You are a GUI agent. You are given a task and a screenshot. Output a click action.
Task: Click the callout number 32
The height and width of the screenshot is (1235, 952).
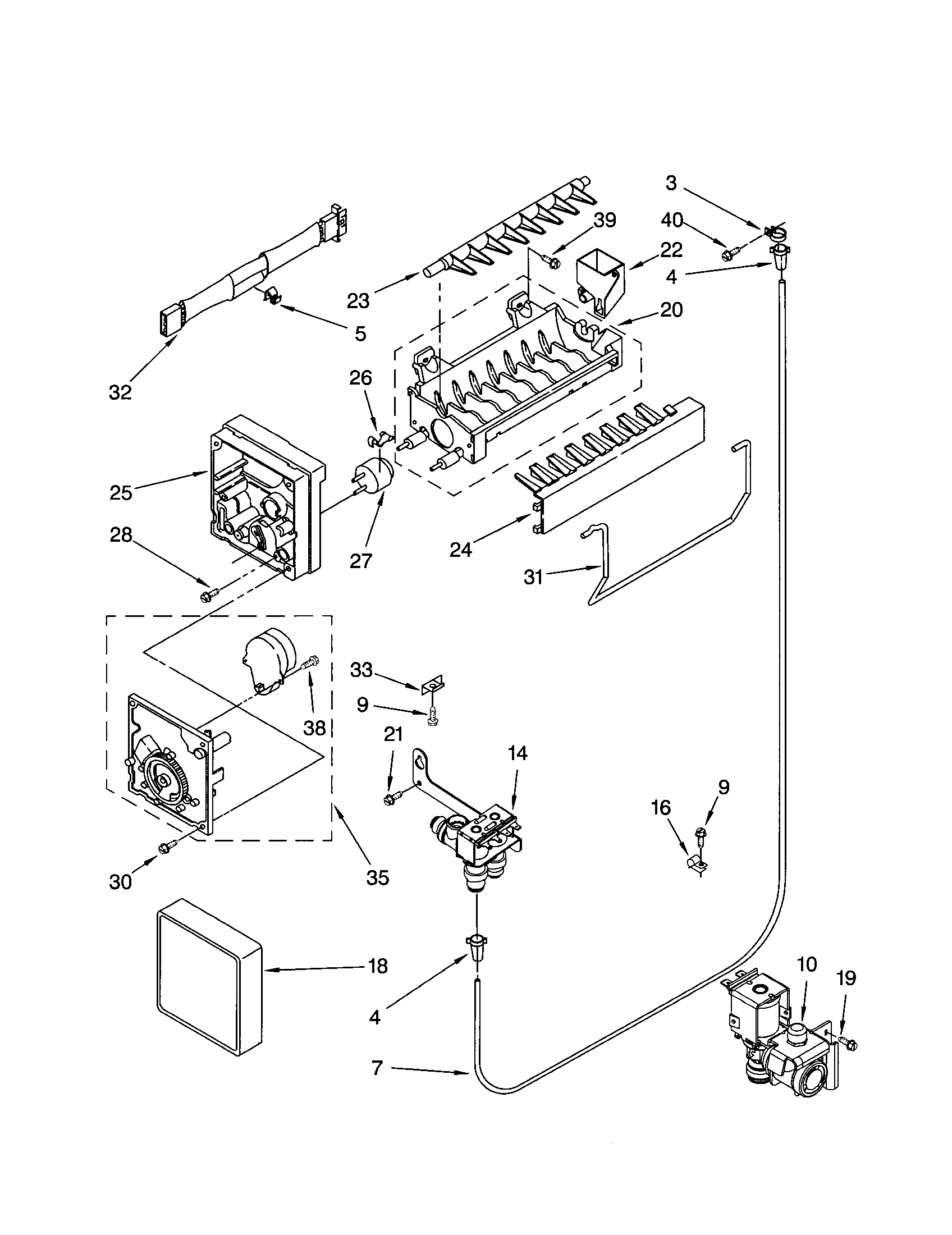[120, 392]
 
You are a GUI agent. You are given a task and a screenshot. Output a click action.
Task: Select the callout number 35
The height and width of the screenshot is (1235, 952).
[377, 877]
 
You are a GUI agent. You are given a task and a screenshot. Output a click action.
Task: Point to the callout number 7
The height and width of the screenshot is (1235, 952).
[377, 1068]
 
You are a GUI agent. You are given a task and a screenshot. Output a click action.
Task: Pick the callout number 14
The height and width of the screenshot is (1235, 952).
[518, 753]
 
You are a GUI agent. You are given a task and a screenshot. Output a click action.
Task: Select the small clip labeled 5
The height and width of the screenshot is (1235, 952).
[273, 295]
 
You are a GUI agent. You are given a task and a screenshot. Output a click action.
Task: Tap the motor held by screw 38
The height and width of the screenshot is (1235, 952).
[266, 659]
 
